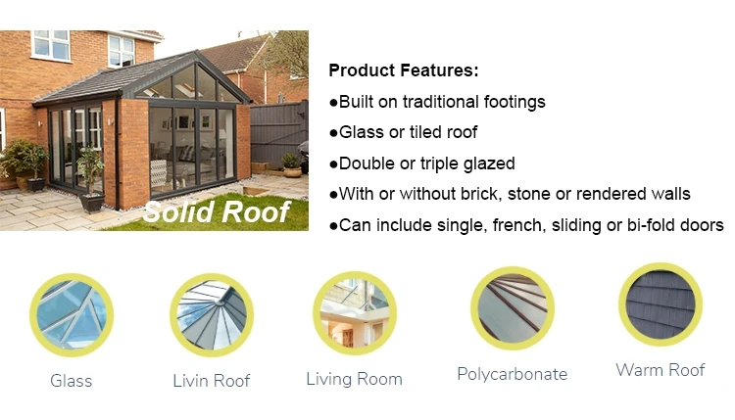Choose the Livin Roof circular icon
point(211,313)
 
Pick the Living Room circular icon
point(354,312)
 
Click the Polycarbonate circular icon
point(512,308)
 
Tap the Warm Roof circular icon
point(660,303)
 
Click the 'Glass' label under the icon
point(72,381)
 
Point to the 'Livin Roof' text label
point(211,380)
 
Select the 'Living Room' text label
point(354,379)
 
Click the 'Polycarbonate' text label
point(512,374)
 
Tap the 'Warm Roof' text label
point(660,370)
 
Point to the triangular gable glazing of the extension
point(196,83)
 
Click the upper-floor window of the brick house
point(51,45)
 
